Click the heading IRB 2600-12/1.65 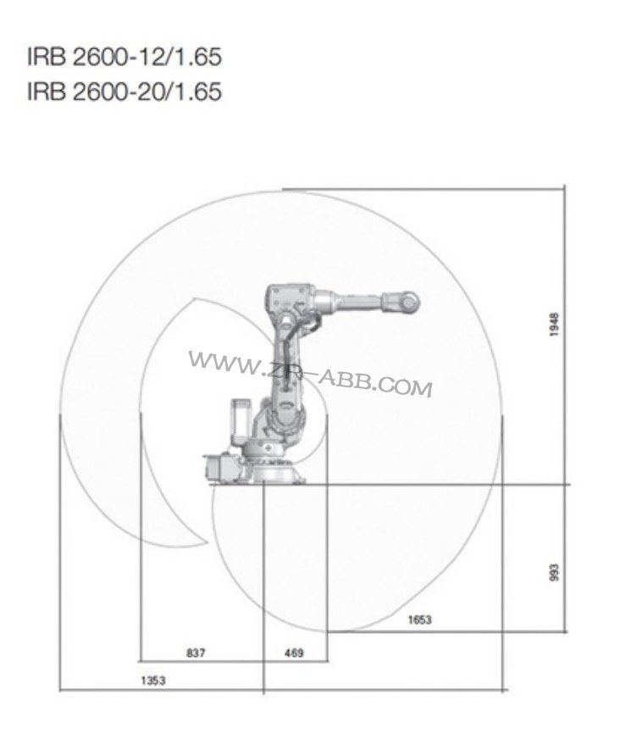tap(124, 58)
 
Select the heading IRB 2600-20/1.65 tap(124, 91)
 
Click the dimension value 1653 tap(418, 620)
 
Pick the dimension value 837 tap(195, 652)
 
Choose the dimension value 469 tap(292, 652)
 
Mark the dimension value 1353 tap(153, 681)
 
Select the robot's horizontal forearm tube tap(356, 301)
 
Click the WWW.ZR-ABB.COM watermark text tap(310, 374)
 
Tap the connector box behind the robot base tap(218, 469)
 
